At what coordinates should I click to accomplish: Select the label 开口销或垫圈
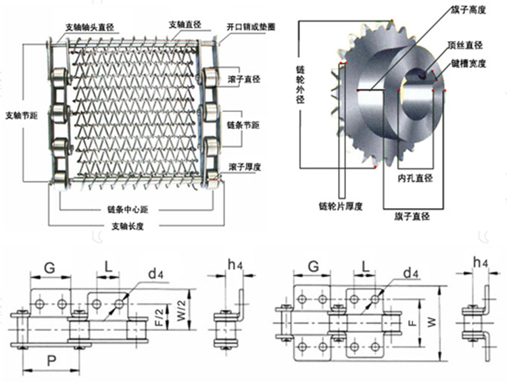point(251,28)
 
